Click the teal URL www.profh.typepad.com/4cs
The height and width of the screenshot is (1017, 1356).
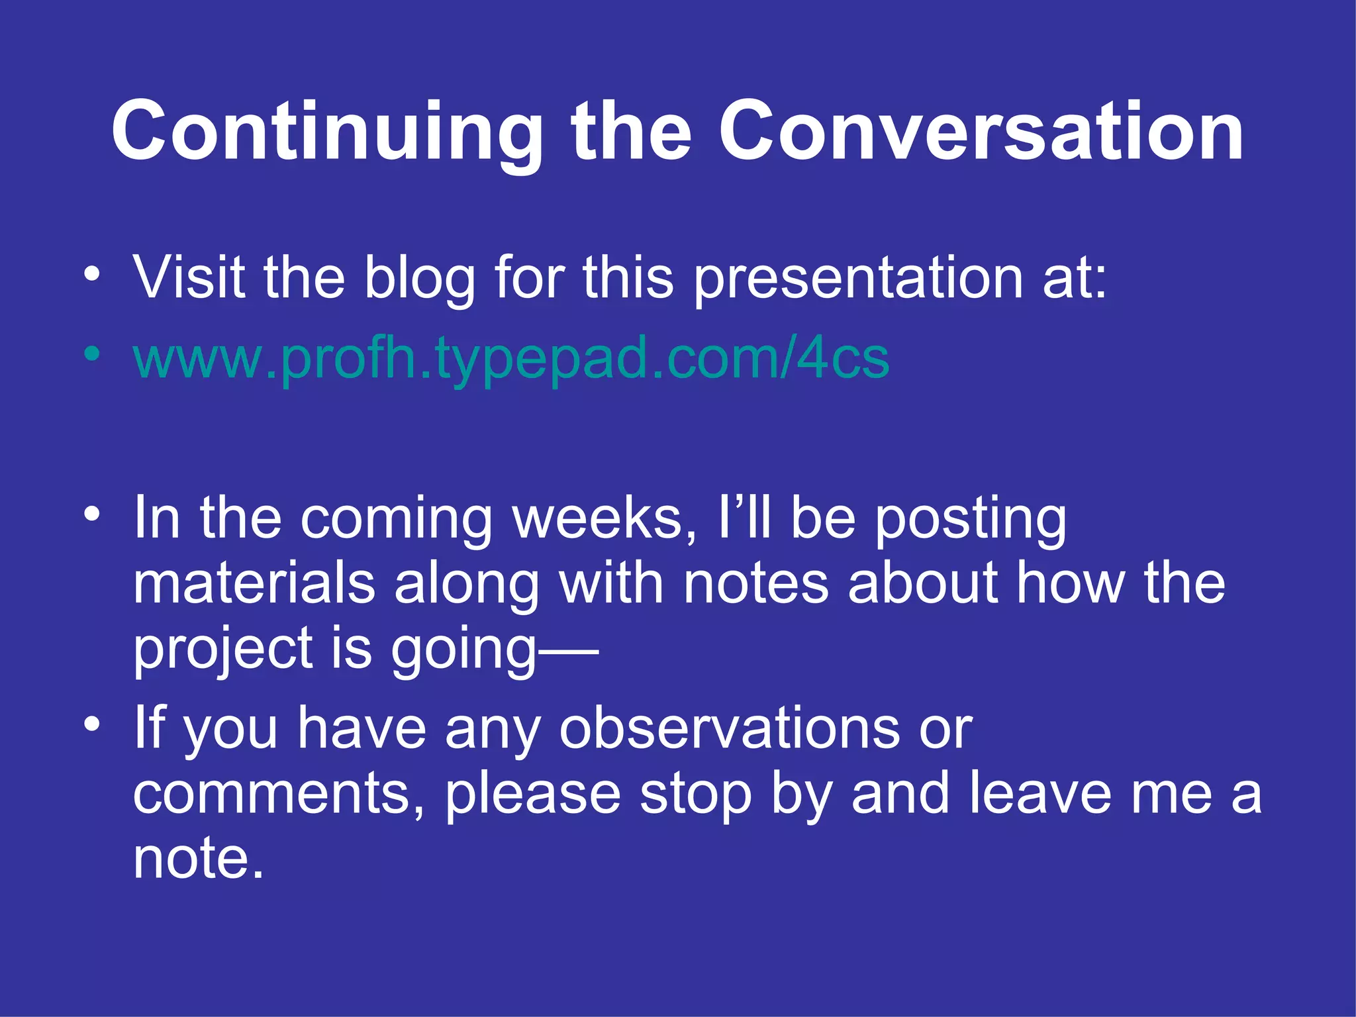tap(510, 358)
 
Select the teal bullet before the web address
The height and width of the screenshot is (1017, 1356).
tap(93, 352)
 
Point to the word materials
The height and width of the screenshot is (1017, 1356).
tap(254, 583)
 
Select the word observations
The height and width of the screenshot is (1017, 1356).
tap(729, 728)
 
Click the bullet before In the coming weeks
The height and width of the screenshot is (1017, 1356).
tap(93, 513)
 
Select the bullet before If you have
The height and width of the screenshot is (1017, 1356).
tap(93, 723)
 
